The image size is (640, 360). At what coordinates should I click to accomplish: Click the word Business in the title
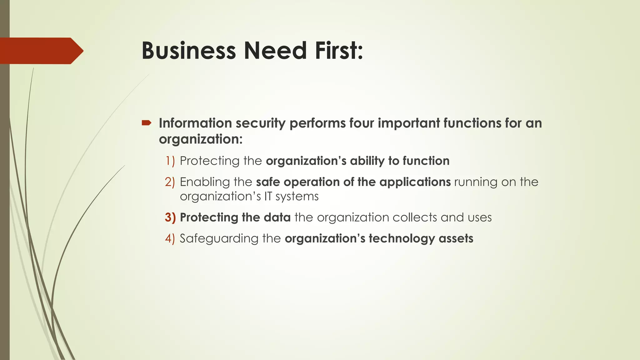pyautogui.click(x=188, y=51)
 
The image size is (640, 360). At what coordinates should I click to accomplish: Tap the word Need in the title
pyautogui.click(x=275, y=51)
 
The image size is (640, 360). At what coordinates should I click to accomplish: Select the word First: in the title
pyautogui.click(x=339, y=51)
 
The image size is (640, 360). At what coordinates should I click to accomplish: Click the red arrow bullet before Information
pyautogui.click(x=146, y=123)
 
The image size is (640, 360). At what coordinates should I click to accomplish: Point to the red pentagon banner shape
pyautogui.click(x=41, y=51)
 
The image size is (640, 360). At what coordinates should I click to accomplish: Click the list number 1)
pyautogui.click(x=170, y=161)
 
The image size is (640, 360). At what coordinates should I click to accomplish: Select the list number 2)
pyautogui.click(x=170, y=182)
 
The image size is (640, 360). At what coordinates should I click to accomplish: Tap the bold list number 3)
pyautogui.click(x=170, y=217)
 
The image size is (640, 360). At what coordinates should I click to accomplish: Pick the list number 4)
pyautogui.click(x=170, y=238)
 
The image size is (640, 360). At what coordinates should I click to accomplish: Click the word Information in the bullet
pyautogui.click(x=195, y=123)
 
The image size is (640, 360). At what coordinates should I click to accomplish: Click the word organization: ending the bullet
pyautogui.click(x=201, y=139)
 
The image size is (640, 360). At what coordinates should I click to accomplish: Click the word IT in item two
pyautogui.click(x=268, y=196)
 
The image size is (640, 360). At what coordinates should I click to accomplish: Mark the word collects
pyautogui.click(x=415, y=217)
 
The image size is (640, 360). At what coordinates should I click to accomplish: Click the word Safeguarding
pyautogui.click(x=219, y=239)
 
